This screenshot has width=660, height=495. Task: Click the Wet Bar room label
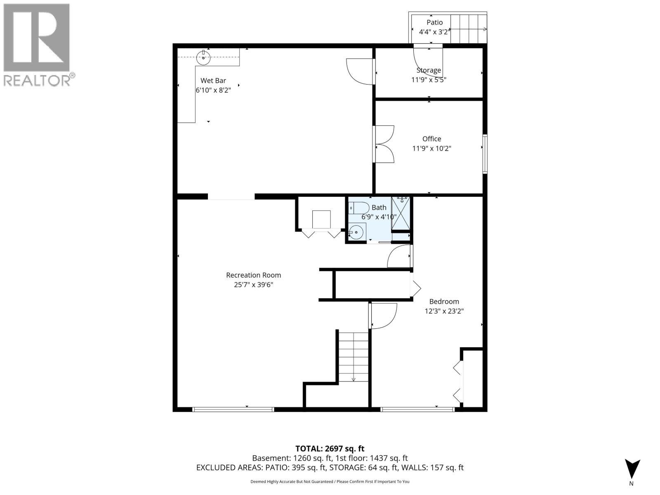[213, 81]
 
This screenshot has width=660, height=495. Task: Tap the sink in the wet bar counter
[203, 58]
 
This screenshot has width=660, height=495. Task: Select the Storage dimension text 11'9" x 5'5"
[429, 80]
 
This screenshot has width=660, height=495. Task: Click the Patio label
[434, 23]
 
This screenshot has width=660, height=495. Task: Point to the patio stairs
[468, 29]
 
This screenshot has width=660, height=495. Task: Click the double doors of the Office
[384, 144]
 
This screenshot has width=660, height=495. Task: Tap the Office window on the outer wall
[485, 153]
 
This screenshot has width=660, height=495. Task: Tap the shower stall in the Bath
[401, 213]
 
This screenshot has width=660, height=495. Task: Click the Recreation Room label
[253, 275]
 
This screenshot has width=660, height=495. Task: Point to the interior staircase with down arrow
[354, 357]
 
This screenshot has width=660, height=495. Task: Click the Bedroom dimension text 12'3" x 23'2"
[444, 311]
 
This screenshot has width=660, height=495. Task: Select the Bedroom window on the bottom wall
[417, 410]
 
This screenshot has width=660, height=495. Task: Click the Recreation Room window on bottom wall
[233, 410]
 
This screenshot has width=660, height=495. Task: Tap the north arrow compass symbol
[632, 469]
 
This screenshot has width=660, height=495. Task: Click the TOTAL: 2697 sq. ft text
[330, 448]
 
